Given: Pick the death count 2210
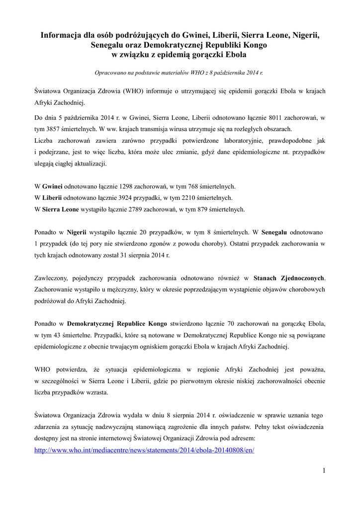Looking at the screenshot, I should tap(187, 198).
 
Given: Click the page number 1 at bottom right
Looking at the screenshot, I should tap(323, 470).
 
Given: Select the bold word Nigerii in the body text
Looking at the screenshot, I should tap(77, 232).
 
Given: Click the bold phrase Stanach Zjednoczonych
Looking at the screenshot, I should tap(289, 278).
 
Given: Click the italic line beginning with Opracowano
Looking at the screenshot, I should tap(179, 73).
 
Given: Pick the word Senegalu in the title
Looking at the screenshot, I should tap(109, 45).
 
